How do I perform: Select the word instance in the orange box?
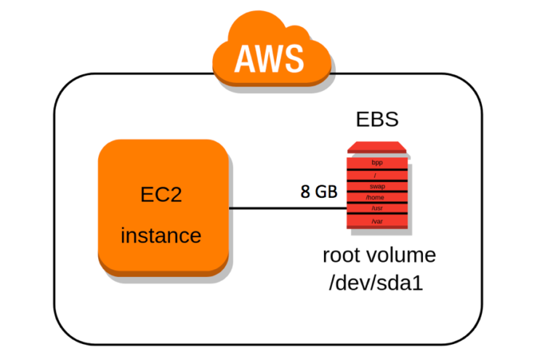coord(161,236)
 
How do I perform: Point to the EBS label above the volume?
coord(376,119)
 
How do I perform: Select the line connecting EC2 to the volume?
coord(287,209)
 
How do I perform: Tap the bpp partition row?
coord(376,163)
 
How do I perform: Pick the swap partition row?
coord(376,186)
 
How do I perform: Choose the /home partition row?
coord(376,197)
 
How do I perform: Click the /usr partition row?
coord(376,208)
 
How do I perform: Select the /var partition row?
coord(376,221)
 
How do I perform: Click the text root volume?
coord(379,255)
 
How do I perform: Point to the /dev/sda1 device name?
coord(377,282)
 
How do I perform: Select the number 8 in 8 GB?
coord(306,191)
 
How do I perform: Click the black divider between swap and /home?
coord(376,192)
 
